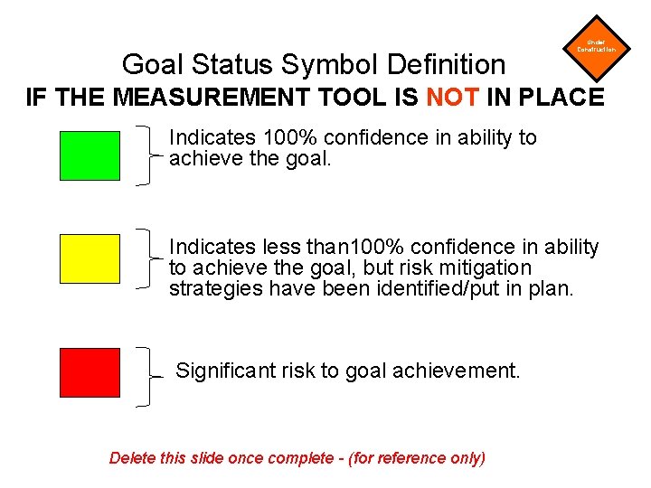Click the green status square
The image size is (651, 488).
(90, 155)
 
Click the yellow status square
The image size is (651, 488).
(90, 258)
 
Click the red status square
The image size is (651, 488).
(90, 372)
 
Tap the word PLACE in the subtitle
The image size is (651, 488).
(560, 97)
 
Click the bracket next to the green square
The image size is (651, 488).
(147, 155)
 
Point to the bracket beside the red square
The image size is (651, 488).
(147, 375)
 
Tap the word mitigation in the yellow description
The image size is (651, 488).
(487, 268)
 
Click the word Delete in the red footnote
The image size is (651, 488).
(132, 458)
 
